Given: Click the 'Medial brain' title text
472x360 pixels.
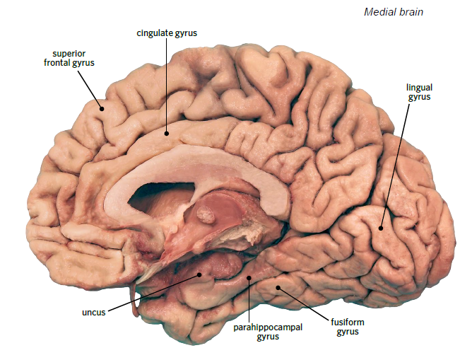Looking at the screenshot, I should point(394,12).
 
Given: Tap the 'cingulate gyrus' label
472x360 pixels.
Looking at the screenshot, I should point(167,33).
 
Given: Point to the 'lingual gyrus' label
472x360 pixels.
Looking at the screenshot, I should point(418,92).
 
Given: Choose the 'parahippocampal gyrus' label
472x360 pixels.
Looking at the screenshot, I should point(256,332).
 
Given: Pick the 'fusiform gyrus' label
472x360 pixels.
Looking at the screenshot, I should point(345,327).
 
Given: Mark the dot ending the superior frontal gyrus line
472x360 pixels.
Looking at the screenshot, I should point(102,108).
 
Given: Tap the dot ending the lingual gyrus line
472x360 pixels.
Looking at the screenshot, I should point(380,228).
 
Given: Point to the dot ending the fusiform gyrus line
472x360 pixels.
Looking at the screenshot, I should point(278,287).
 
